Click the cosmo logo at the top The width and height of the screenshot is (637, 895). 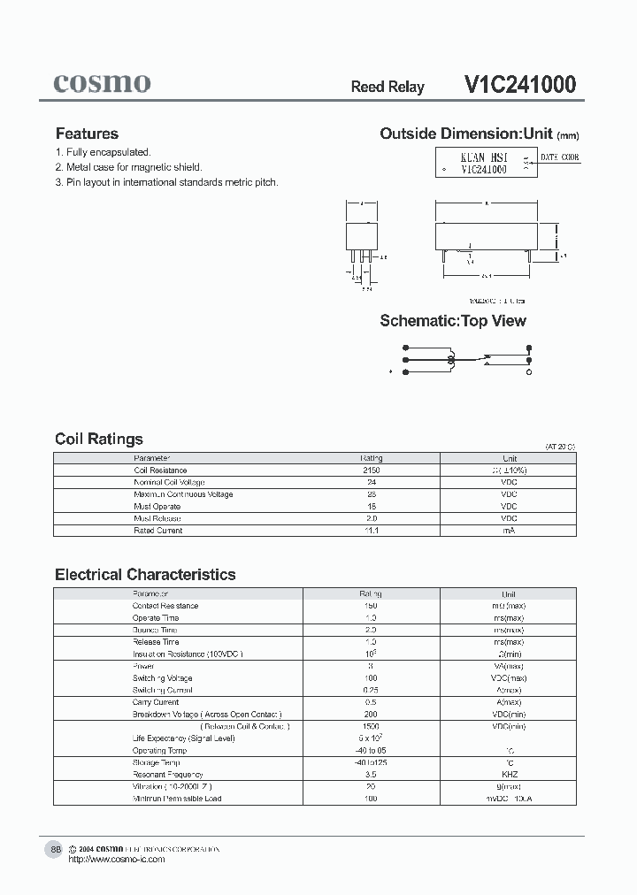tap(102, 83)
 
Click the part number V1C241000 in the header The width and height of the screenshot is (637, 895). tap(519, 85)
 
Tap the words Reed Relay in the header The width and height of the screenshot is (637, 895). tap(388, 87)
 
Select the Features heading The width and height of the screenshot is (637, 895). tap(87, 134)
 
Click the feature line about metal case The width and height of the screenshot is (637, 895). tap(128, 167)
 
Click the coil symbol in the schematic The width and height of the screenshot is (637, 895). tap(451, 360)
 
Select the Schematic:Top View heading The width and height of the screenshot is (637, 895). tap(453, 321)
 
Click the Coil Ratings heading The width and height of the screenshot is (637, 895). tap(98, 439)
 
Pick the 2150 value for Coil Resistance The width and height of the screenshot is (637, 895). tap(372, 470)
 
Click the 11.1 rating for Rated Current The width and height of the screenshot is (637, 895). tap(372, 531)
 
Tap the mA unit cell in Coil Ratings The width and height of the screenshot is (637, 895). tap(509, 531)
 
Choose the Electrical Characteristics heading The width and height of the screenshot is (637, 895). tap(145, 574)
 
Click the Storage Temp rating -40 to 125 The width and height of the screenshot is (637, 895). tap(371, 762)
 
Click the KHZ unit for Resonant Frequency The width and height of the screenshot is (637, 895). tap(509, 774)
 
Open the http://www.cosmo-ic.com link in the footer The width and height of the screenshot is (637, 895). tap(116, 860)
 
